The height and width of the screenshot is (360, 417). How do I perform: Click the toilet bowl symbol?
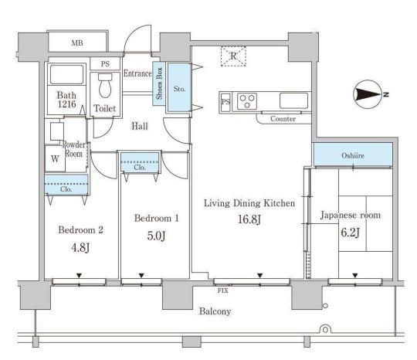pyautogui.click(x=105, y=86)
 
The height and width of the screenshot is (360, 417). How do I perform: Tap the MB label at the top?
pyautogui.click(x=77, y=42)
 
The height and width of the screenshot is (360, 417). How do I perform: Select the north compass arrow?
pyautogui.click(x=371, y=94)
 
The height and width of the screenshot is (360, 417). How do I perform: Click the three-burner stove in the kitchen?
pyautogui.click(x=247, y=101)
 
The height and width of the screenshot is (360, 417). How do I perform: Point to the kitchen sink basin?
pyautogui.click(x=293, y=100)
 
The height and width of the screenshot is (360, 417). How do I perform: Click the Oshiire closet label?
pyautogui.click(x=353, y=155)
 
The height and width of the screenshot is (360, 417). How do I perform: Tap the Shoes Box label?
pyautogui.click(x=159, y=83)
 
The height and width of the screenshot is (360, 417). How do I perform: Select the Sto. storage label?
pyautogui.click(x=179, y=89)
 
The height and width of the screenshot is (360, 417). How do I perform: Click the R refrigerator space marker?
pyautogui.click(x=233, y=56)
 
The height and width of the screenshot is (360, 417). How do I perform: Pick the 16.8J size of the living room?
pyautogui.click(x=249, y=219)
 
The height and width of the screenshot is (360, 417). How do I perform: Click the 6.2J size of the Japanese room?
pyautogui.click(x=351, y=233)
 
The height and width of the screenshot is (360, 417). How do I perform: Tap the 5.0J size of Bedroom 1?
pyautogui.click(x=156, y=236)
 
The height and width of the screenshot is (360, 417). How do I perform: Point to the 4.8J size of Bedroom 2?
pyautogui.click(x=80, y=248)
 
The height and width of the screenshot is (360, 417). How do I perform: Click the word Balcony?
pyautogui.click(x=215, y=311)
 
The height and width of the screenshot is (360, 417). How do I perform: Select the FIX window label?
pyautogui.click(x=223, y=290)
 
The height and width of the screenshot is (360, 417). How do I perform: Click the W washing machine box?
pyautogui.click(x=55, y=158)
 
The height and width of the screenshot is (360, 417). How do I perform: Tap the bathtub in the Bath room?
pyautogui.click(x=66, y=74)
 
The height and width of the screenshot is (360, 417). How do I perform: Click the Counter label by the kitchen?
pyautogui.click(x=283, y=119)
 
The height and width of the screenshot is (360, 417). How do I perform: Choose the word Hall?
pyautogui.click(x=140, y=126)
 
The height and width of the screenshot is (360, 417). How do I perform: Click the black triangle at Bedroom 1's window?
pyautogui.click(x=141, y=275)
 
